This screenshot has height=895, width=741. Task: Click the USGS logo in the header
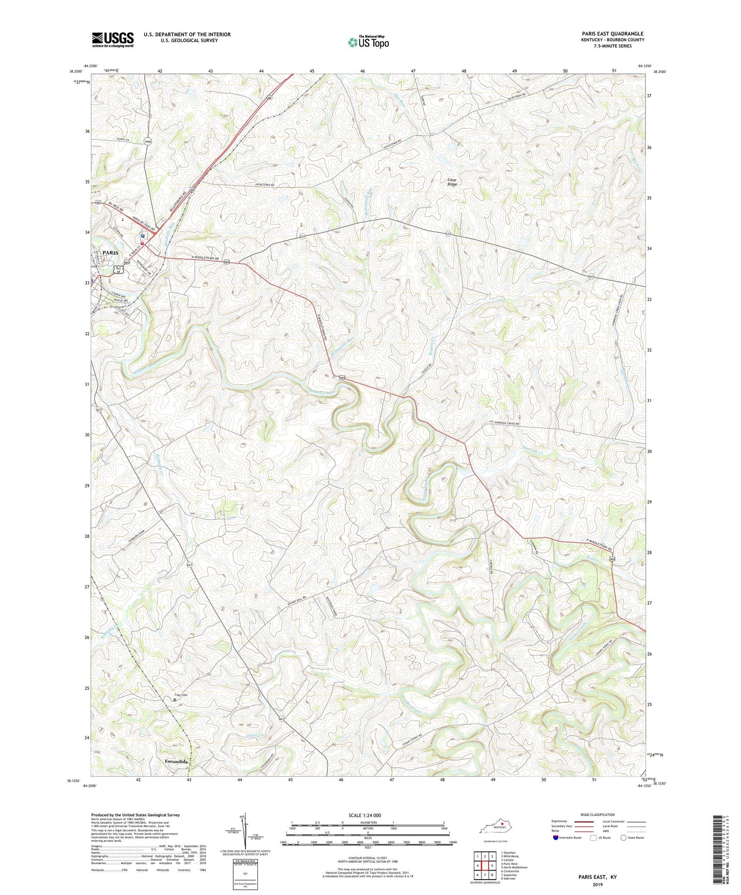point(113,39)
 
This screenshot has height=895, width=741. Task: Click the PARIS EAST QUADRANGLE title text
point(612,33)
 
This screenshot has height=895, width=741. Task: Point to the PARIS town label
point(110,253)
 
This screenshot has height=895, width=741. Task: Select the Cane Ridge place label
point(452,182)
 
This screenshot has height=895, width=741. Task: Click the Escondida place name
point(176,762)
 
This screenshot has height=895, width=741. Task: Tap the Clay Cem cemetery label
point(175,695)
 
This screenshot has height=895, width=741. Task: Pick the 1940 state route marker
point(148,141)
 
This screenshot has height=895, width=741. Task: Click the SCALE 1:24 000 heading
point(365,815)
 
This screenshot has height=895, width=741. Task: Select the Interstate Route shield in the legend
point(556,838)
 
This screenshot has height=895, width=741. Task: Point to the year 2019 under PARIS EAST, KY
point(597,884)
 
